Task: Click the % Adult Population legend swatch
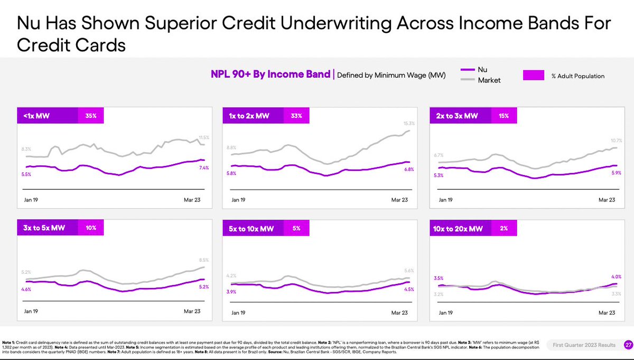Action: (x=536, y=76)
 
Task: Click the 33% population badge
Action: (x=296, y=115)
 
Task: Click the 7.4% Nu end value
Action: (x=203, y=168)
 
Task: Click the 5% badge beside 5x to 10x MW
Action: (x=296, y=228)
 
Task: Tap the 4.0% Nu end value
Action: (x=610, y=276)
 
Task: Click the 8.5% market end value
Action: (x=203, y=260)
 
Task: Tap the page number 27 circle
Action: (x=627, y=345)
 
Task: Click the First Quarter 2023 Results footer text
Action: (x=584, y=345)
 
